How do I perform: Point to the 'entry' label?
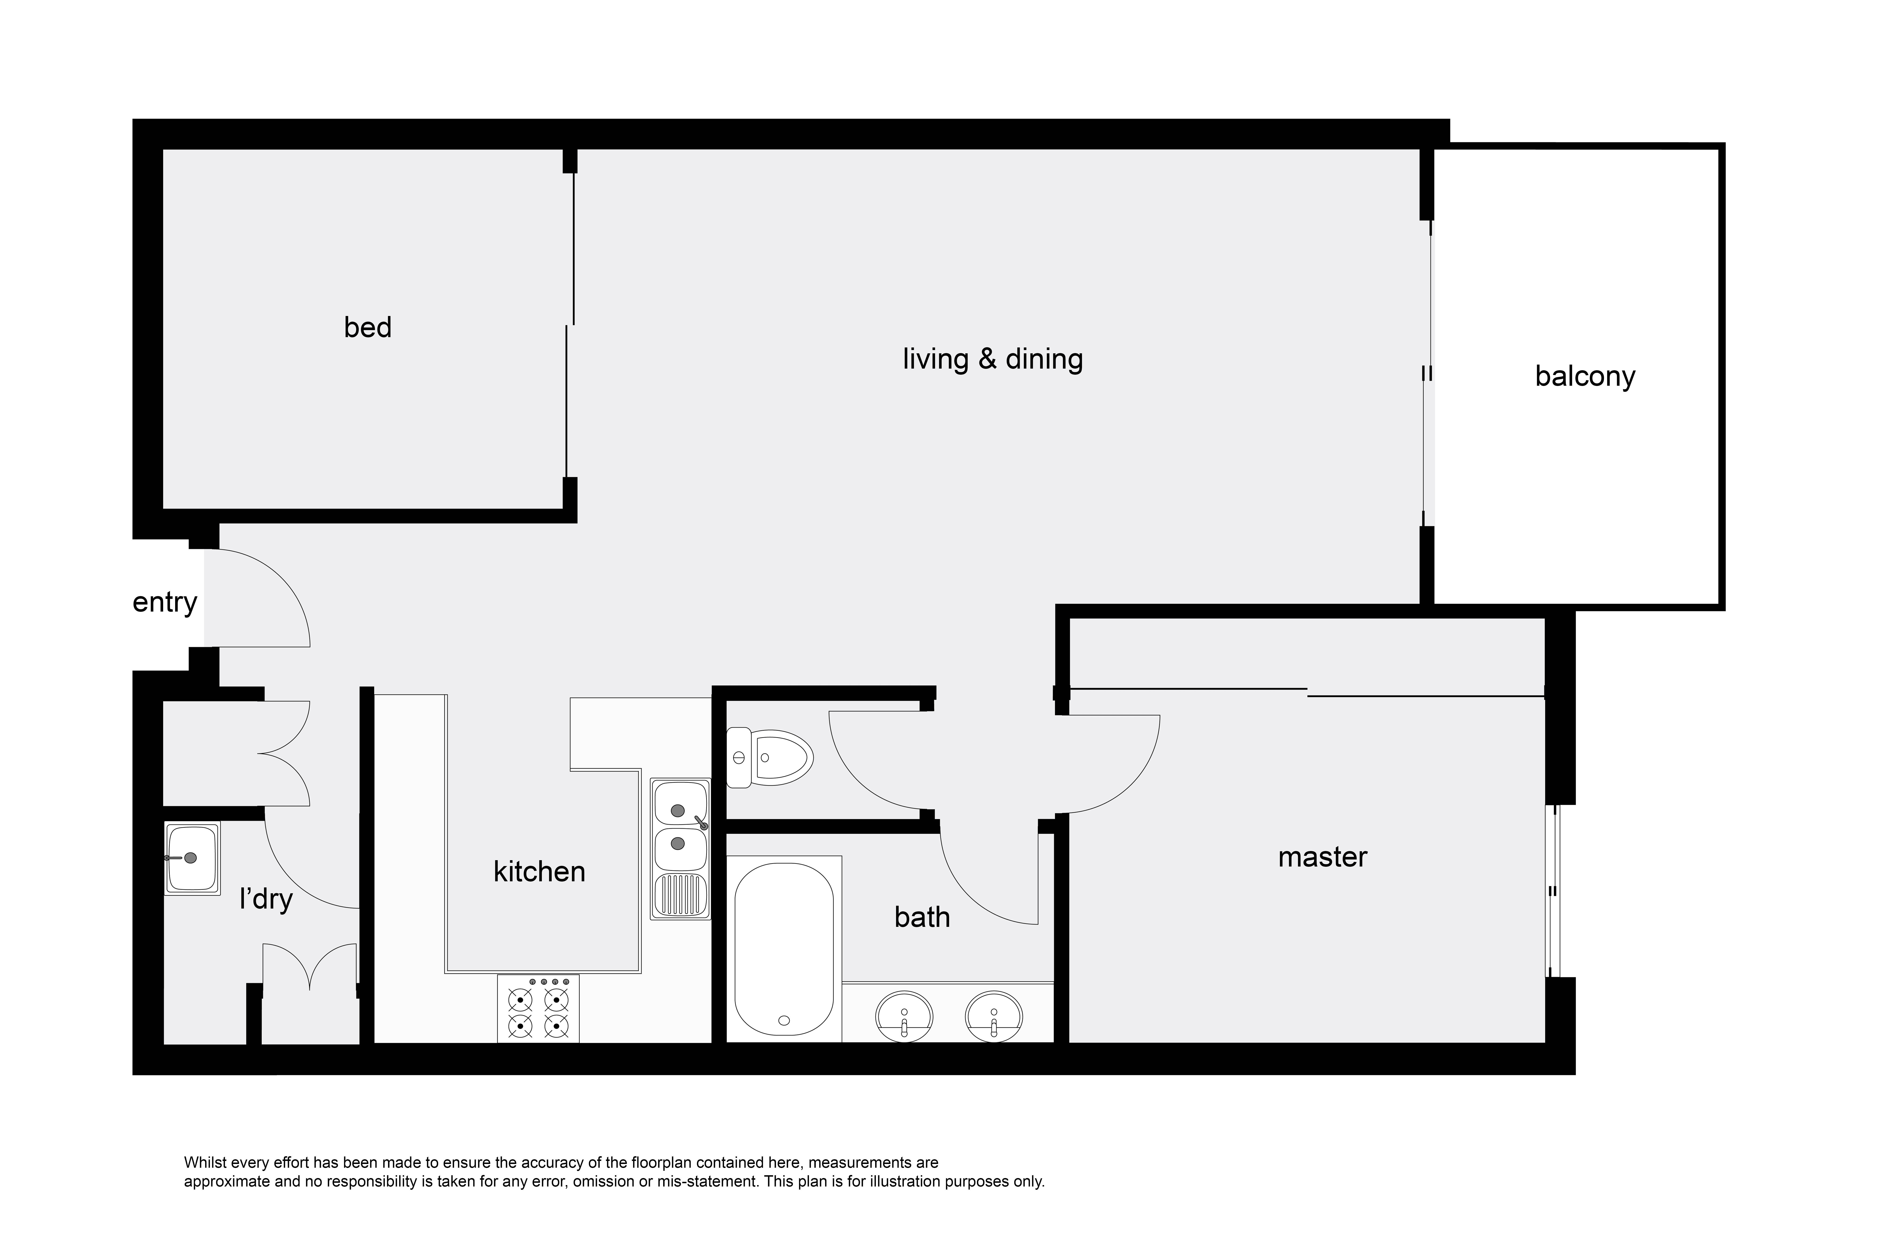pyautogui.click(x=165, y=602)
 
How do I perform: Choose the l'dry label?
pyautogui.click(x=266, y=899)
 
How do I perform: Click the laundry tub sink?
pyautogui.click(x=192, y=858)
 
